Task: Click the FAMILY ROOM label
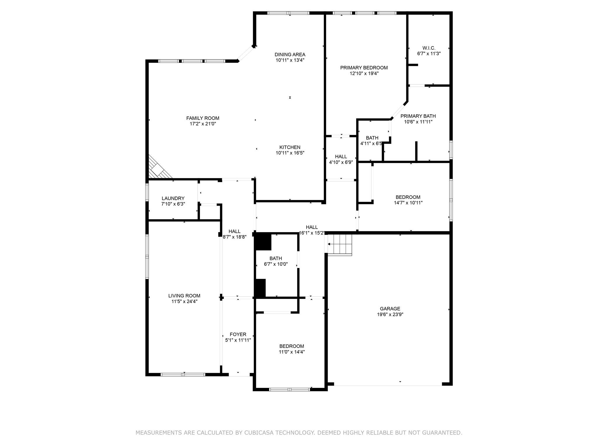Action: coord(203,118)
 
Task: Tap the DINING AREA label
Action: coord(290,55)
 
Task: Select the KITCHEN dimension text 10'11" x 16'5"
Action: coord(290,153)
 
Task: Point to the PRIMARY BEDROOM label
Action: coord(364,68)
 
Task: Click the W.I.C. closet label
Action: coord(429,48)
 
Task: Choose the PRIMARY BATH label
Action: coord(418,116)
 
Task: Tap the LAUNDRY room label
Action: coord(173,198)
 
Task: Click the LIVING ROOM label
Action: coord(184,296)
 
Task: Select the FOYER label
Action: coord(238,335)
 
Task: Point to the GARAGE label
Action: coord(390,309)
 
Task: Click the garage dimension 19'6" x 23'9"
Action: coord(390,314)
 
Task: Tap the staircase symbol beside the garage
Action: coord(340,245)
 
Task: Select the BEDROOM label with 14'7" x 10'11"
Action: coord(408,197)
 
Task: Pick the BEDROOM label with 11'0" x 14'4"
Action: coord(292,346)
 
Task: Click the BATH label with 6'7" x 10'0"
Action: coord(276,258)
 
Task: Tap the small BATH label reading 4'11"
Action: coord(372,138)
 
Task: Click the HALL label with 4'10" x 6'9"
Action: coord(341,157)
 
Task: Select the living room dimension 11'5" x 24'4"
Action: coord(184,302)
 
